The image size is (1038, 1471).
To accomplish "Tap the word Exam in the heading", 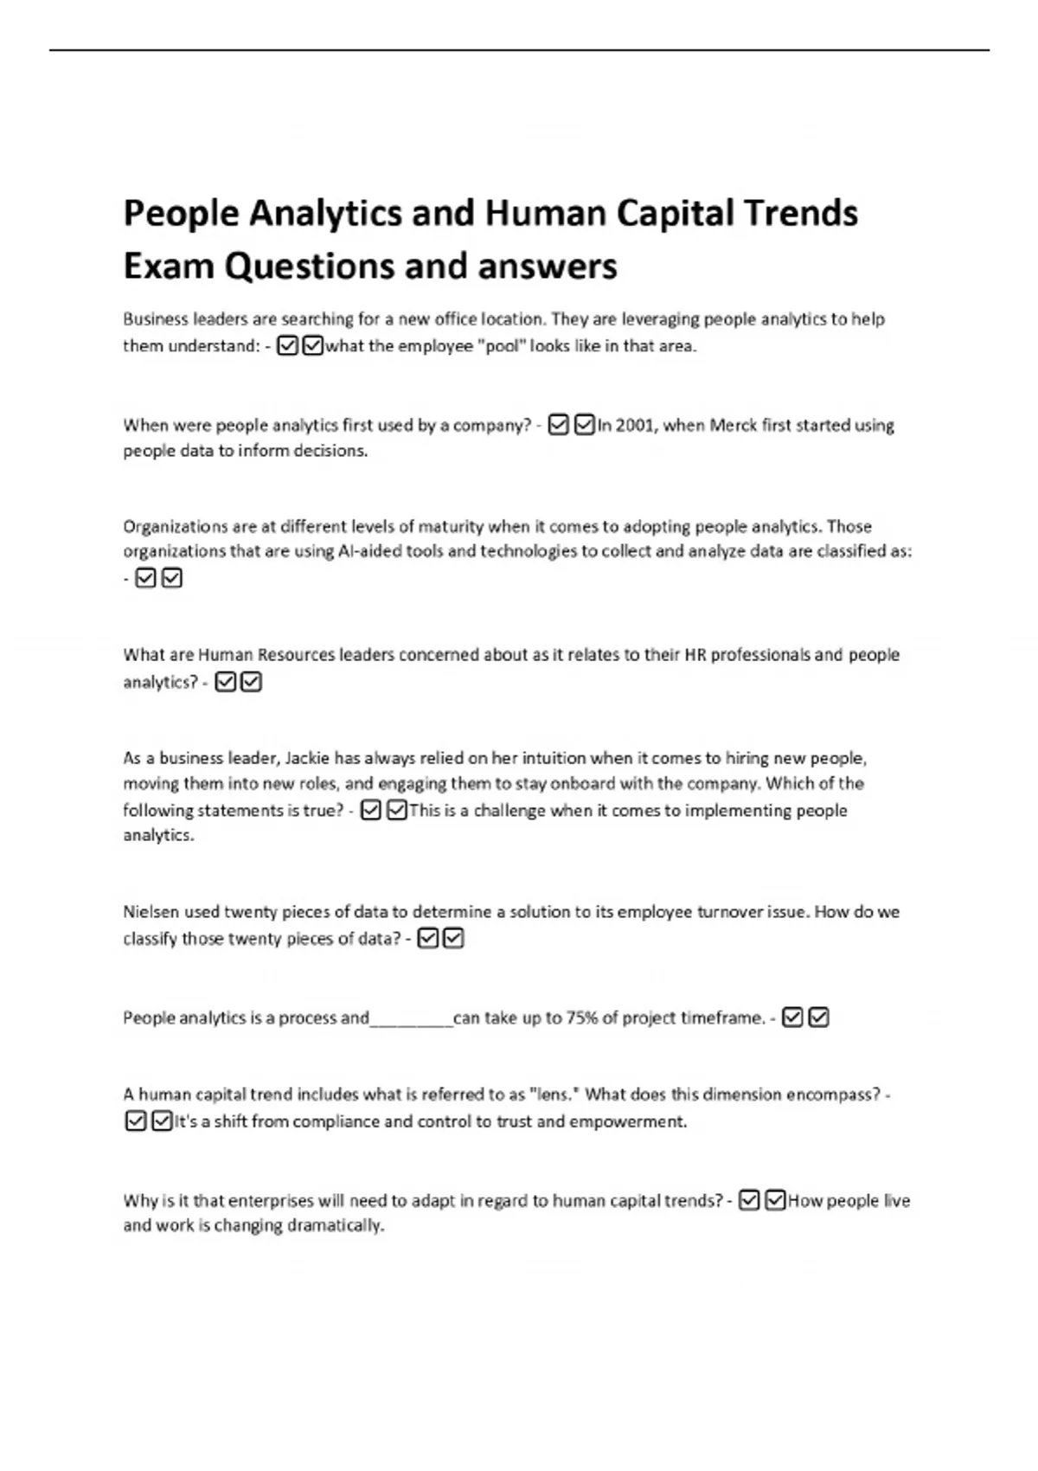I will coord(169,267).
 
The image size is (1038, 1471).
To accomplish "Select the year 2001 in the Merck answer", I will coord(636,425).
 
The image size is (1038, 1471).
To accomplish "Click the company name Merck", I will coord(733,425).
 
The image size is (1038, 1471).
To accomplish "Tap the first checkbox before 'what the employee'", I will coord(288,346).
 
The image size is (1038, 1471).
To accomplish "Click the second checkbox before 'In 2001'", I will coord(585,425).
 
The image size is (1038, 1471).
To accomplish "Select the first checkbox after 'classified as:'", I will coord(145,577).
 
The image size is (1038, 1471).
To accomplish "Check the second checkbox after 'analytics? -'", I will coord(251,683).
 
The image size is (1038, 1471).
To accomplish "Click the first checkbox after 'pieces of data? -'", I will coord(427,939).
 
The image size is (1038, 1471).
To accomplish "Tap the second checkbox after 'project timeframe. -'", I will coord(818,1018).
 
